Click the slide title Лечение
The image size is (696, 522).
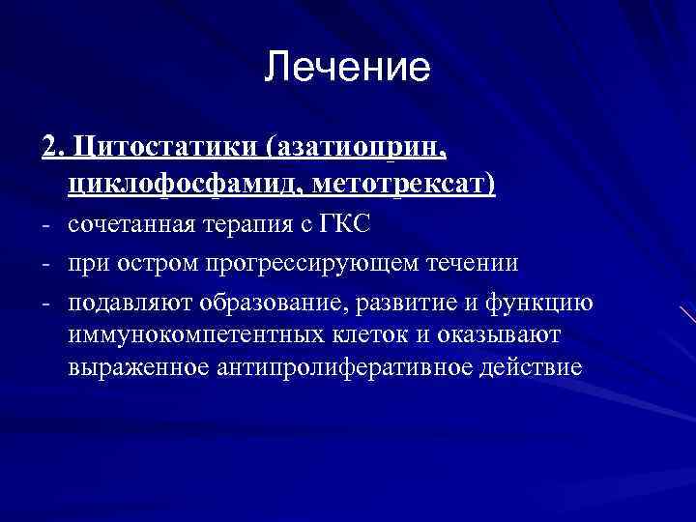coord(347,67)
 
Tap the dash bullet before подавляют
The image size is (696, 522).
coord(45,303)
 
